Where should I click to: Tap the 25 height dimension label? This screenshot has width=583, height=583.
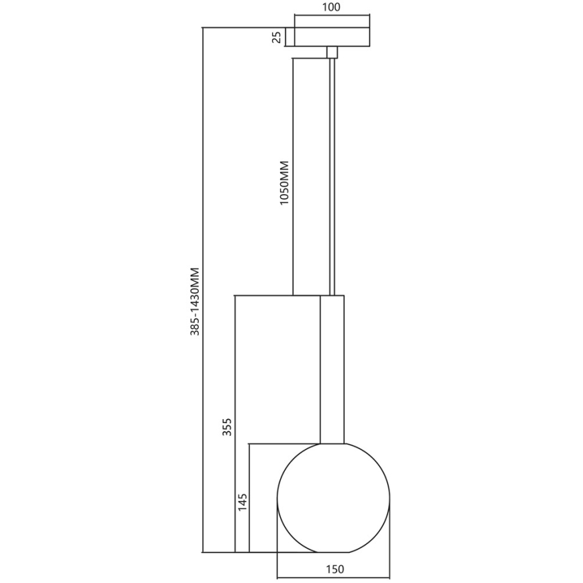pos(276,36)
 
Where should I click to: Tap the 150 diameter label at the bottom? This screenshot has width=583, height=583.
pos(334,570)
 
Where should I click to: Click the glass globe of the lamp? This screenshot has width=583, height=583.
pos(333,497)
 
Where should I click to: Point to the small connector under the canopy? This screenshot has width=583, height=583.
pos(331,52)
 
